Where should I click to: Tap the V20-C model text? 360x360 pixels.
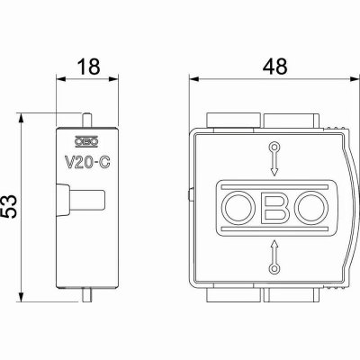[x=87, y=163]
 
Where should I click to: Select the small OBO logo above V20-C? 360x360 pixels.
[x=86, y=142]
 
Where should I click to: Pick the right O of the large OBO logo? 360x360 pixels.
[x=312, y=208]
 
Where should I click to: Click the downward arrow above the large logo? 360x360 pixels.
[x=274, y=159]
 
